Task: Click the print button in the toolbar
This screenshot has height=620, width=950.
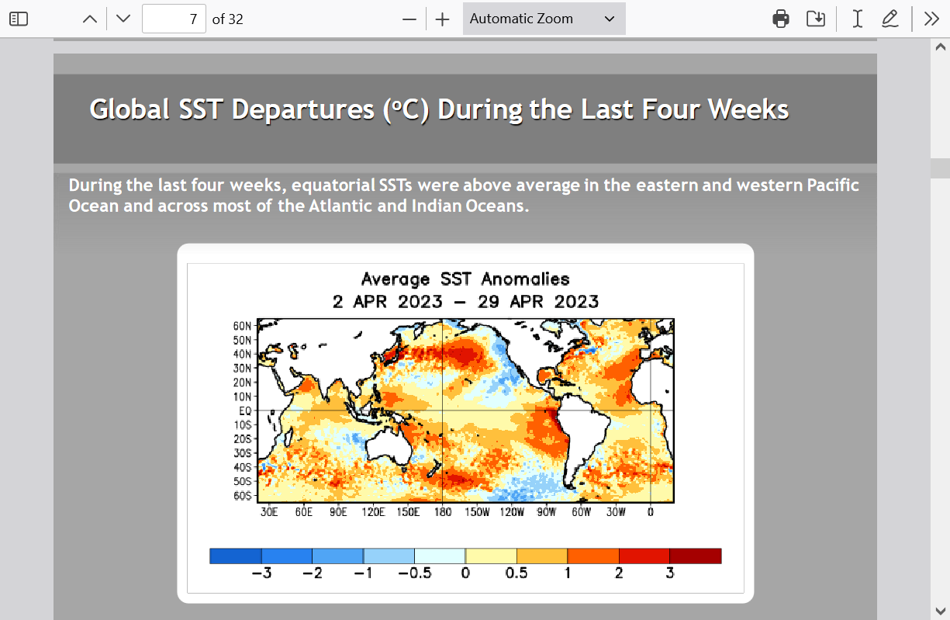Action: (x=781, y=19)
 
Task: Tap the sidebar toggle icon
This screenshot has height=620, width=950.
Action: (x=19, y=19)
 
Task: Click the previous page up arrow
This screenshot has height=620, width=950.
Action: (x=89, y=19)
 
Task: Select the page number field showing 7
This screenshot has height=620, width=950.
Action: (x=174, y=19)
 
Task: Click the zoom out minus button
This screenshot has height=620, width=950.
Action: (x=409, y=19)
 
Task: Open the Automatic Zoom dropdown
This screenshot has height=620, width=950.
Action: (x=544, y=19)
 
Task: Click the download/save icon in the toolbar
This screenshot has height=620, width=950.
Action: (x=816, y=19)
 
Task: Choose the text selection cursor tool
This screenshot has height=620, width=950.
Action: (x=858, y=19)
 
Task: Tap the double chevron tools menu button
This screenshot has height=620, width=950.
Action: (x=931, y=19)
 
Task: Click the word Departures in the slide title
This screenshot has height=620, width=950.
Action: (x=302, y=109)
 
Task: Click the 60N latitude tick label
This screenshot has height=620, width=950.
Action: (x=242, y=326)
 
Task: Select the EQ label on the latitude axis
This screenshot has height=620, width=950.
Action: (x=245, y=410)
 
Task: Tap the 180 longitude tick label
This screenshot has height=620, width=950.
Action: (x=442, y=512)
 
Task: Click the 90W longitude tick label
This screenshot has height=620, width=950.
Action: (x=546, y=512)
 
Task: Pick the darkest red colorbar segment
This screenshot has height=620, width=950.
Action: (x=695, y=556)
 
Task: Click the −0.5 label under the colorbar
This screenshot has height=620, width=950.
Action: (x=415, y=573)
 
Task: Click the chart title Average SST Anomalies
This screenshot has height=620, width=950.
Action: (x=465, y=279)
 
